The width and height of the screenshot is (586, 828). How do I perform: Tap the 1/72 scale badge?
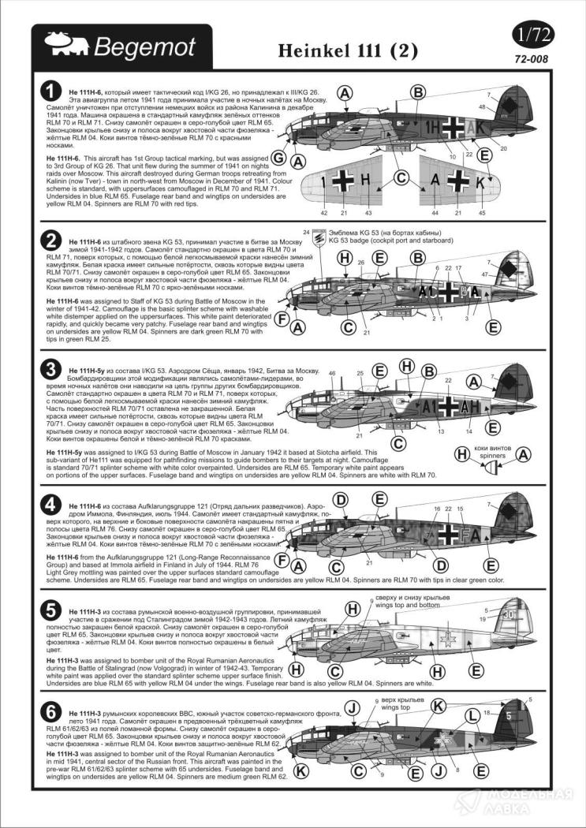point(532,36)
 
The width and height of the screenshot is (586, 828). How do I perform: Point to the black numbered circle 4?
point(49,503)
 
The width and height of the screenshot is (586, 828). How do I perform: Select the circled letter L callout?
point(470,716)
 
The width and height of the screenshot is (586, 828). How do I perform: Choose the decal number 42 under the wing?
point(324,212)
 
